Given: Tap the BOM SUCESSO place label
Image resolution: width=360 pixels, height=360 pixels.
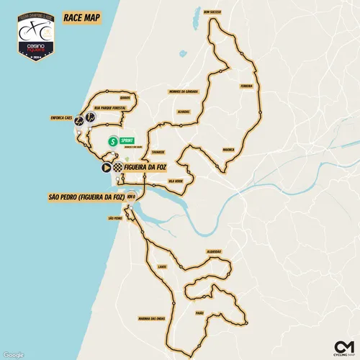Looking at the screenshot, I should coord(215,12).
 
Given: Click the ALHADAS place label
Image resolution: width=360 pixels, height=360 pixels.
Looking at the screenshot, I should coord(183,112).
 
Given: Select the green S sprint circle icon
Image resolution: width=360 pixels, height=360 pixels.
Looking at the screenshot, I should coord(113,141).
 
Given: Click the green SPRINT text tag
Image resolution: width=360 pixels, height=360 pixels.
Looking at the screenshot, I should coord(129,141).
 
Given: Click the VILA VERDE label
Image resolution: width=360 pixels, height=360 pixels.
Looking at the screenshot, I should coord(174,173).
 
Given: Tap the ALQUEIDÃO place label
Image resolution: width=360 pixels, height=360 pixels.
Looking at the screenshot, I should coord(214,251).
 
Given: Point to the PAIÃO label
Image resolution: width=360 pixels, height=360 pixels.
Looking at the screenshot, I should coord(199,313).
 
